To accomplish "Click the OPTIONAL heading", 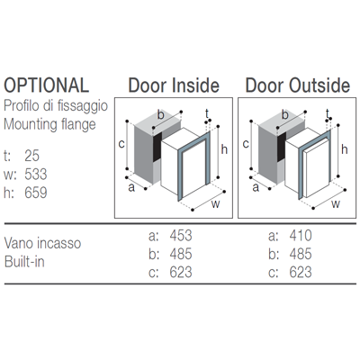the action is pos(47,85).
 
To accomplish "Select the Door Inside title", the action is pos(174,85).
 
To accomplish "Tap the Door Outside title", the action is pos(298,85).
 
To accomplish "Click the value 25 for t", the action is pos(32,156).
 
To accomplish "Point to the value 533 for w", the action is pos(36,175).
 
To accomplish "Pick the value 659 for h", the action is pos(36,193).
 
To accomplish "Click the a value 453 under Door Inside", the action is pos(181,236).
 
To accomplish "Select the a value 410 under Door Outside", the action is pos(301,236).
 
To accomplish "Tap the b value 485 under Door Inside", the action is pos(181,254).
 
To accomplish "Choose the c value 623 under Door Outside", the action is pos(301,272).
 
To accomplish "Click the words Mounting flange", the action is pos(49,125).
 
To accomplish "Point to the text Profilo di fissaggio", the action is pos(56,106).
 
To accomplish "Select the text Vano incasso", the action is pos(42,243).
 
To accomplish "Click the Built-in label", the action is pos(24,262).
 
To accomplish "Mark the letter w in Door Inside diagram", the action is pos(215,204).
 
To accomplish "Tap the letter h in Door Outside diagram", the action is pos(344,149).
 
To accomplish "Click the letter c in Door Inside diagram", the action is pos(121,144).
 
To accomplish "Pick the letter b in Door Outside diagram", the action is pos(284,114).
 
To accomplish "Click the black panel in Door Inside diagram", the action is pos(157,147).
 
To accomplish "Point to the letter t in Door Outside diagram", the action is pos(328,114).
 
